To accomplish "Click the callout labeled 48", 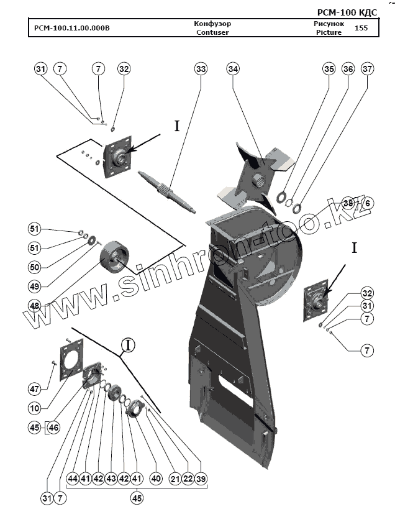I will tap(35, 305).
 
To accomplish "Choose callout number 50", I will tap(35, 267).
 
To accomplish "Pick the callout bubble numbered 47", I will tap(35, 389).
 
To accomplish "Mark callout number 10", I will tap(35, 408).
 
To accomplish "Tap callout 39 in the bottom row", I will tap(201, 479).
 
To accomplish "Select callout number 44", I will tap(73, 479).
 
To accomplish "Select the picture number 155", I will tap(360, 28).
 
